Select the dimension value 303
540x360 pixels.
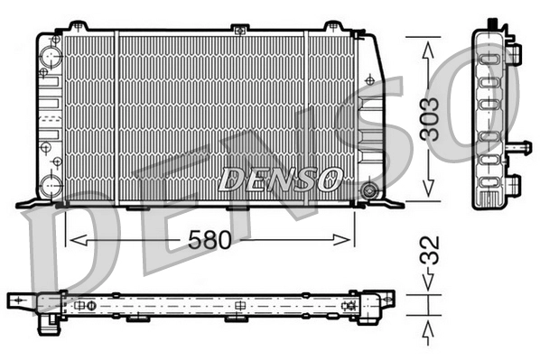point(431,117)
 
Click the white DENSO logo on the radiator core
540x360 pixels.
point(280,179)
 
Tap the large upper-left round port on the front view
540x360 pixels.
point(47,60)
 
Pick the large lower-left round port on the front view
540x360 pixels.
point(48,187)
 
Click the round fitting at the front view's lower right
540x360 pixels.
point(368,190)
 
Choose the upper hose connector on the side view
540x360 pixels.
point(514,51)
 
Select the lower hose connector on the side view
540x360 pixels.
point(513,184)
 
